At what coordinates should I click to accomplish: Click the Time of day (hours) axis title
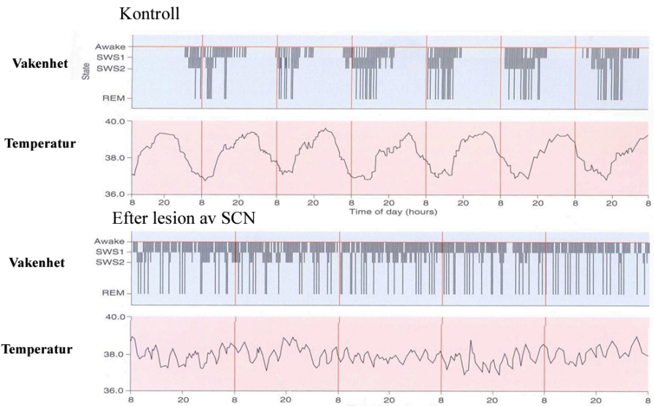click(392, 211)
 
